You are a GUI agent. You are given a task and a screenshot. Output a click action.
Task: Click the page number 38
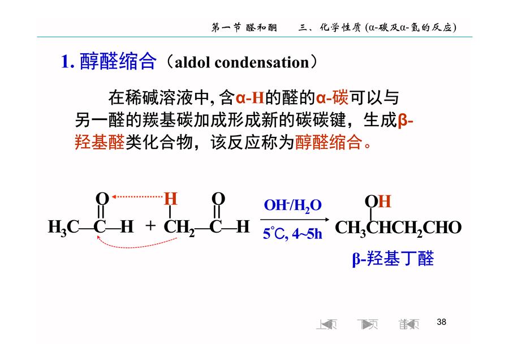(x=442, y=322)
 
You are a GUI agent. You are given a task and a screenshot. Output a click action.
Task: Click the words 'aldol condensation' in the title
(x=242, y=62)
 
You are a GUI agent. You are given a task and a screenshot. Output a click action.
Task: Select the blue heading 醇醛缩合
(x=118, y=61)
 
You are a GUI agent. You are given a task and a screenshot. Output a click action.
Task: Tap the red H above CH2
(x=170, y=199)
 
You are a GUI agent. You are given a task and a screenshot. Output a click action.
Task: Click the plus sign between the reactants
(x=150, y=225)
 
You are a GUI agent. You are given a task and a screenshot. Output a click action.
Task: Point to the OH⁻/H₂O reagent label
(x=292, y=205)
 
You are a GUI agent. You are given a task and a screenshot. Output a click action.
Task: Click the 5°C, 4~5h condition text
(x=292, y=233)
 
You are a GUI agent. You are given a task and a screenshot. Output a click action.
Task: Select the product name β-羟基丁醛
(x=393, y=259)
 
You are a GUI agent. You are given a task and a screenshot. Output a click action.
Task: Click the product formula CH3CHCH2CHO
(x=398, y=228)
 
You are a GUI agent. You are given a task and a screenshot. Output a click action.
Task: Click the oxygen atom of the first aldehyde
(x=102, y=199)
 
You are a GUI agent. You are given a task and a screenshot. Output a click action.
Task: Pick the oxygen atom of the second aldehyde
(x=218, y=199)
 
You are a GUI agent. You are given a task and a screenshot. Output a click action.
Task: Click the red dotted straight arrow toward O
(x=137, y=196)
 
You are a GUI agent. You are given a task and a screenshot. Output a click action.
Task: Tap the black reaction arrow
(x=295, y=220)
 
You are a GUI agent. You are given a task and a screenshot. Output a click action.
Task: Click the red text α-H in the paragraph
(x=249, y=97)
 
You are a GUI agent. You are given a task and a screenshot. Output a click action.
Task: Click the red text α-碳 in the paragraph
(x=332, y=97)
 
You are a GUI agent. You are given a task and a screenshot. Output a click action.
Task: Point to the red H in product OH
(x=385, y=202)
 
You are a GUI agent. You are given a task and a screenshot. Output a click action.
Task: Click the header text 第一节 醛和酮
(x=244, y=28)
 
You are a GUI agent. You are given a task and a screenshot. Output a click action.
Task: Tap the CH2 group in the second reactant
(x=179, y=227)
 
